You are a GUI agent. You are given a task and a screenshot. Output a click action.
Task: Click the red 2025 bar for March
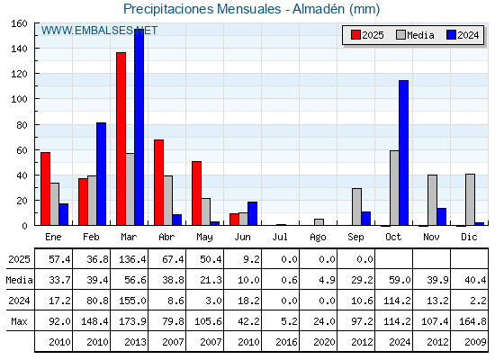click(x=121, y=139)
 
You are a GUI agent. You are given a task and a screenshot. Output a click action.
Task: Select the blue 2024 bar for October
click(x=404, y=153)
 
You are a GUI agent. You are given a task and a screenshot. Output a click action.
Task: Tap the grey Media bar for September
click(x=356, y=207)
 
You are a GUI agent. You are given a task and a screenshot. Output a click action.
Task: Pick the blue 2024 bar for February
click(x=101, y=174)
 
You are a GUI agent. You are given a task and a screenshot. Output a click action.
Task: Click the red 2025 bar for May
click(x=197, y=193)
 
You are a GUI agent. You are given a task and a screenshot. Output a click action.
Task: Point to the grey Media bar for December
click(x=470, y=200)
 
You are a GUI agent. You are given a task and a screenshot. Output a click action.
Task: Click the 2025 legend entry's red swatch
click(x=355, y=35)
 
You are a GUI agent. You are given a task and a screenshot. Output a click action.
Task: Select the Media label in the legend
click(x=421, y=35)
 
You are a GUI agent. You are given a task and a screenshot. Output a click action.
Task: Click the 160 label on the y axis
click(x=20, y=23)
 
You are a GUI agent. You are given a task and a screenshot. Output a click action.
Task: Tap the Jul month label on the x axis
click(x=280, y=237)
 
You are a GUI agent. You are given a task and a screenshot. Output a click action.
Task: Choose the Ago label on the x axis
click(x=318, y=238)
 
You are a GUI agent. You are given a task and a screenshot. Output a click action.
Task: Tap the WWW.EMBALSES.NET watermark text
click(x=99, y=31)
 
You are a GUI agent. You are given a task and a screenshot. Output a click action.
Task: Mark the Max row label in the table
click(x=19, y=321)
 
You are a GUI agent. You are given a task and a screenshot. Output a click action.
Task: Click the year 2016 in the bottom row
click(x=286, y=342)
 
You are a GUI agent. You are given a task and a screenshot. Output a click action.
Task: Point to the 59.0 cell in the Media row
click(x=400, y=280)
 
